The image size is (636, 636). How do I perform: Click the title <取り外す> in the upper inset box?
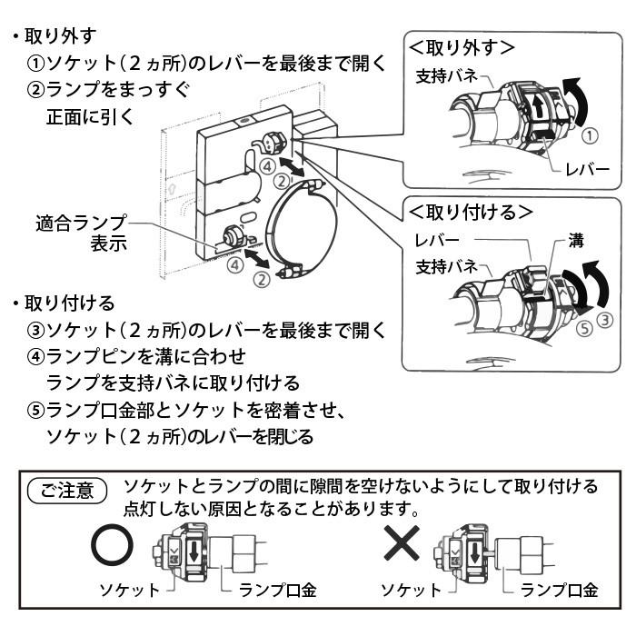point(462,46)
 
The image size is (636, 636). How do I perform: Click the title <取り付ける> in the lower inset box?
point(470,212)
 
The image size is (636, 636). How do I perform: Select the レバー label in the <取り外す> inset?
point(581,170)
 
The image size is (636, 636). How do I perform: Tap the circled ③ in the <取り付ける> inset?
point(606,318)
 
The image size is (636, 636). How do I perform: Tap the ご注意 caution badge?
point(69,492)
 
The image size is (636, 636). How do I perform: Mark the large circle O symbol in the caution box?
point(113,545)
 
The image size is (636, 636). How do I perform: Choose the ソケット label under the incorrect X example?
point(412,590)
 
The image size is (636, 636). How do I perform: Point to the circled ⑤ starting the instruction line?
point(35,410)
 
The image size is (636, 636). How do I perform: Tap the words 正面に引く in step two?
point(90,116)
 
